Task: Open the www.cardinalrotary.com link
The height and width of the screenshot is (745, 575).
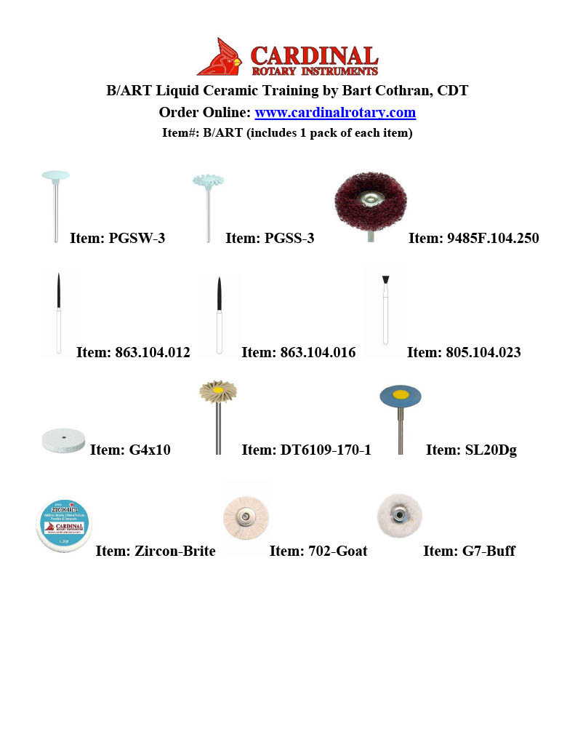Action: point(335,113)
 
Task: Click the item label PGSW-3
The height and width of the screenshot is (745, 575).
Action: point(117,238)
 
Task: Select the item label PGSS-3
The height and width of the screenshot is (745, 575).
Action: point(270,238)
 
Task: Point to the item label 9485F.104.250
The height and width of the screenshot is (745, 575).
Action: point(473,238)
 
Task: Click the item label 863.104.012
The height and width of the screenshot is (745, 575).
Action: point(133,353)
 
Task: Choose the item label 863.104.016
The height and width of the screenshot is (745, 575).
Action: point(298,353)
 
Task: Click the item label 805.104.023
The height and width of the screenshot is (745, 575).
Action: point(464,353)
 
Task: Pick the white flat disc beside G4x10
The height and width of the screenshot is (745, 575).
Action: point(63,439)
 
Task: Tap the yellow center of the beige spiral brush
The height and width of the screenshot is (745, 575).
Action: point(217,390)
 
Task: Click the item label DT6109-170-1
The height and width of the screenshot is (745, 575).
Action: point(306,450)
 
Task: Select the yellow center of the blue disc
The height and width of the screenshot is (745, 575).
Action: point(401,396)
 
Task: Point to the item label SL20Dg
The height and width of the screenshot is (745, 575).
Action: point(471,450)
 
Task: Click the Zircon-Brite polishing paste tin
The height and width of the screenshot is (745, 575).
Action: point(64,524)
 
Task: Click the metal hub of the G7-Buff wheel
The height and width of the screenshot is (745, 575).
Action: point(399,515)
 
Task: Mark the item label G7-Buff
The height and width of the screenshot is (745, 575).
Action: point(469,551)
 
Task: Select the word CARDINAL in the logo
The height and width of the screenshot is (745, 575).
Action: point(314,56)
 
